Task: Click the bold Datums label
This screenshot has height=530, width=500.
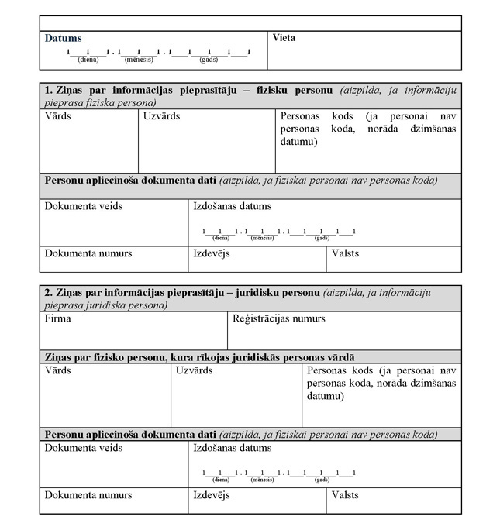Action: tap(63, 38)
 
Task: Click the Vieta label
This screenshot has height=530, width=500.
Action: tap(284, 37)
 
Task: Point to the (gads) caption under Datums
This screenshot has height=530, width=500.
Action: tap(208, 59)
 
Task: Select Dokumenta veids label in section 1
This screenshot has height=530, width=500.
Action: tap(83, 206)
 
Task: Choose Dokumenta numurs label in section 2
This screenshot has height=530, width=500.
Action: tap(88, 494)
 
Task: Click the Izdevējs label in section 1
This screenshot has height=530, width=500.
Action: tap(212, 253)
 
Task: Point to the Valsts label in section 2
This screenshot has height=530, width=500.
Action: tap(346, 494)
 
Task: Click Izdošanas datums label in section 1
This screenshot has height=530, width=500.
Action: tap(233, 206)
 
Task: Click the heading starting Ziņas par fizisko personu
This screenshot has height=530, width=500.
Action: tap(200, 356)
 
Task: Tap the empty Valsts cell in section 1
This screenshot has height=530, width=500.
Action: tap(394, 262)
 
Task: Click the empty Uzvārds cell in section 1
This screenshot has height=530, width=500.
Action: tap(207, 147)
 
